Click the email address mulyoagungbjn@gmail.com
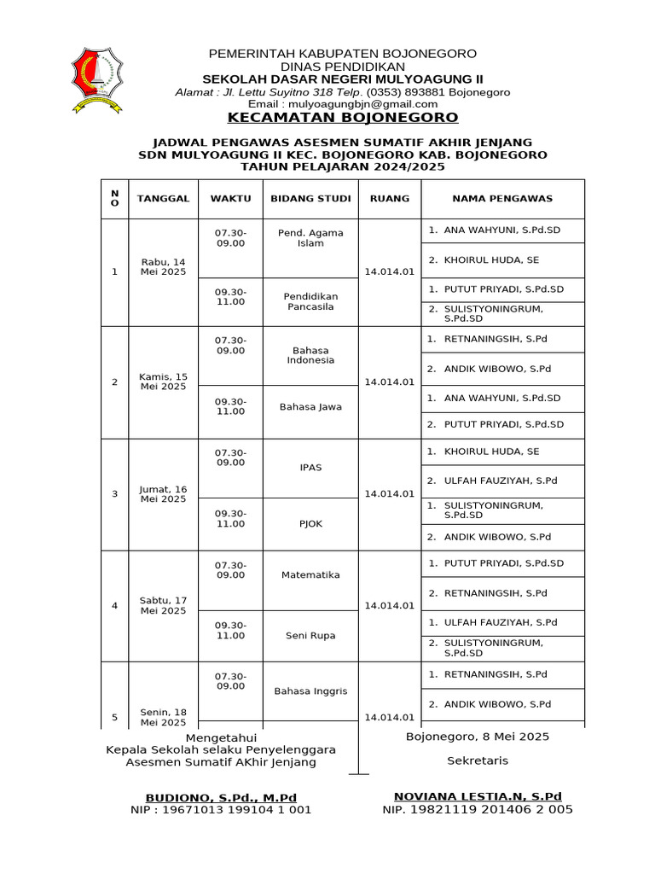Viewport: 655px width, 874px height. [342, 104]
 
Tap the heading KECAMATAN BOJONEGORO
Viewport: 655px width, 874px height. [342, 118]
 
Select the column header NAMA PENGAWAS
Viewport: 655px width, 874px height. [502, 199]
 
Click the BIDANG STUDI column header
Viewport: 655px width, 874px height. [310, 199]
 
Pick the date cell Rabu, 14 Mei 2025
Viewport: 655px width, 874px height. [162, 267]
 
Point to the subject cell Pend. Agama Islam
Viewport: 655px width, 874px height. [310, 238]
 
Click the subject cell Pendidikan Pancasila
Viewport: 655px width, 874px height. [310, 301]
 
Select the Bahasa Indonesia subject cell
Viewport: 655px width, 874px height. [310, 355]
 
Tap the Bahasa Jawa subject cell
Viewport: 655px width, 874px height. [310, 407]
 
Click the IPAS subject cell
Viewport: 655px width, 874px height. [310, 468]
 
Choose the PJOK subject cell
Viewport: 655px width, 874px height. [310, 524]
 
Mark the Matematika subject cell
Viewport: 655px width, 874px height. [310, 575]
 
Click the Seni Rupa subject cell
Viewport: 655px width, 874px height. [310, 636]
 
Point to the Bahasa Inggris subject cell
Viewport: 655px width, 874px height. [310, 691]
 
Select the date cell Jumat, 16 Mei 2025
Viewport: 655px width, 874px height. [162, 494]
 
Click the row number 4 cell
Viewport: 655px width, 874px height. [114, 606]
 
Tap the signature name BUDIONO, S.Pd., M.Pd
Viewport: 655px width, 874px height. [221, 796]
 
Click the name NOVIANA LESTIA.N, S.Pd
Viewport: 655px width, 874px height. [478, 796]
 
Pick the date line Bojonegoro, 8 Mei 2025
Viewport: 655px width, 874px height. [478, 737]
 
